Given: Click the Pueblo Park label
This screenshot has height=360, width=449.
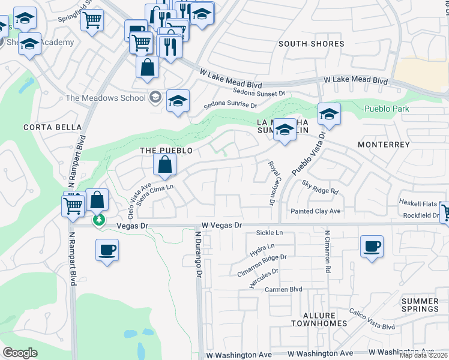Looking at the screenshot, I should point(387,109).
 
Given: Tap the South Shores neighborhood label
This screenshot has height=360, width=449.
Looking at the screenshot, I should point(311,44).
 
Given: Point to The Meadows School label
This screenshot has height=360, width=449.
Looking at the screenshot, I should point(106,98).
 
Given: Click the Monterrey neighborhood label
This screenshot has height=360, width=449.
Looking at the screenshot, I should point(383,145).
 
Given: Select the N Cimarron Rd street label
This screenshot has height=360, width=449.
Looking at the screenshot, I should point(328,252).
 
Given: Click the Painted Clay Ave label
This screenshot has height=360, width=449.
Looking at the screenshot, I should point(315,211).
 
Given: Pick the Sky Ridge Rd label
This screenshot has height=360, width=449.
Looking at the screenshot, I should point(321,187).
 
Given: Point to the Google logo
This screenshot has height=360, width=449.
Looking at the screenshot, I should point(20,353).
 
